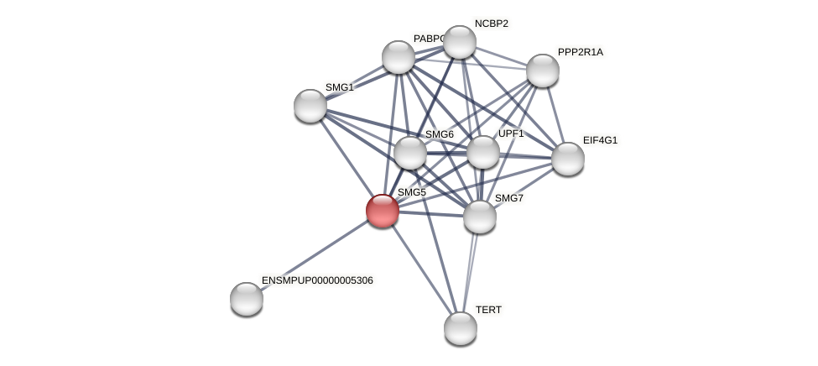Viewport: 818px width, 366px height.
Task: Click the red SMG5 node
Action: [383, 211]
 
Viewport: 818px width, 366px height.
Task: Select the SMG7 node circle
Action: [480, 217]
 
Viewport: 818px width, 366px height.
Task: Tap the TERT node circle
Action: [461, 327]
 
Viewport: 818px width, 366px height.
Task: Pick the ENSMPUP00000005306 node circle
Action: [247, 299]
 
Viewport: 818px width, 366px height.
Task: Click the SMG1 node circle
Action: [310, 106]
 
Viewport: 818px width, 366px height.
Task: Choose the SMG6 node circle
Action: [410, 153]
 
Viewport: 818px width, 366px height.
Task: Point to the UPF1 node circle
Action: [483, 152]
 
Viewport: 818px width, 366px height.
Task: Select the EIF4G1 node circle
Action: [568, 159]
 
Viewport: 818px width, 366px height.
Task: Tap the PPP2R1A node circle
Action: [543, 71]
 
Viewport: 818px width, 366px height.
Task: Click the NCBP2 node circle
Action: [460, 42]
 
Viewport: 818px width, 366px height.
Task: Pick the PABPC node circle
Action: [399, 57]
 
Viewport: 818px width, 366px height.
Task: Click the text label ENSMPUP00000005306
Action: [317, 280]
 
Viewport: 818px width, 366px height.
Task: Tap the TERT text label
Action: [488, 310]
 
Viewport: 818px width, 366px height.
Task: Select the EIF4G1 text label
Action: [600, 140]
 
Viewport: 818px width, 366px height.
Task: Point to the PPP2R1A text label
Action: [581, 52]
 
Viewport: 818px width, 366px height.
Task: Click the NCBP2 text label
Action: [491, 24]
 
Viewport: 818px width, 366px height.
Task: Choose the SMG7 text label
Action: [509, 198]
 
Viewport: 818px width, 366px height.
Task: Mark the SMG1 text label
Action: [340, 87]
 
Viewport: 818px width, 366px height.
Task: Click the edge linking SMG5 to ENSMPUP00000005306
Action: [315, 254]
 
